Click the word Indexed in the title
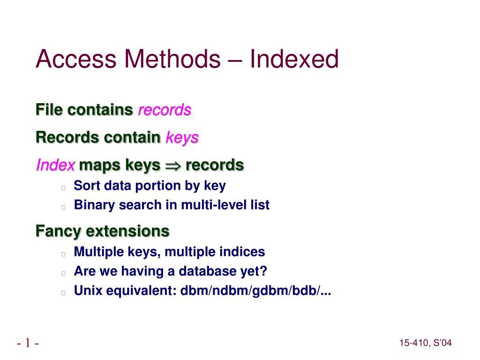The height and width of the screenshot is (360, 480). click(293, 60)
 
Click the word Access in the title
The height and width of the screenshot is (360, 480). click(75, 60)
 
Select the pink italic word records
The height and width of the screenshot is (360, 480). click(165, 110)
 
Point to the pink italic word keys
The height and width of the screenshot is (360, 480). click(182, 138)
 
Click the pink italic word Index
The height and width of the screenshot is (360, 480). click(56, 165)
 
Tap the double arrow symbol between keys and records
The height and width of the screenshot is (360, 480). click(172, 165)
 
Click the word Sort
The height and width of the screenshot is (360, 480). click(87, 186)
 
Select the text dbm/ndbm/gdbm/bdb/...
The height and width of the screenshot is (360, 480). click(255, 291)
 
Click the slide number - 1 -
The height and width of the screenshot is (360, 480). click(28, 343)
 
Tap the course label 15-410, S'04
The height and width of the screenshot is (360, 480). click(426, 344)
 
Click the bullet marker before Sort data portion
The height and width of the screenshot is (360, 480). click(62, 187)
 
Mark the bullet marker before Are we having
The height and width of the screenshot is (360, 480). click(62, 273)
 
